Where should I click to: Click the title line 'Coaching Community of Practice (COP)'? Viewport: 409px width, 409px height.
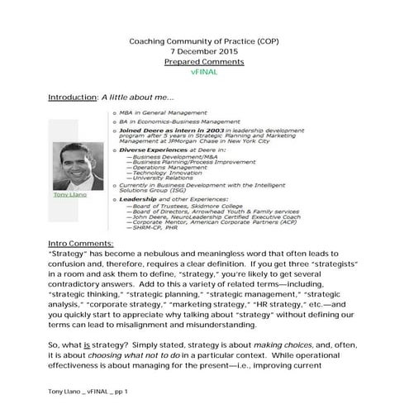coord(203,41)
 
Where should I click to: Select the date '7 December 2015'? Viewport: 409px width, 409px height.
coord(203,51)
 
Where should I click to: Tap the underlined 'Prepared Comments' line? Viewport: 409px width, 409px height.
coord(203,62)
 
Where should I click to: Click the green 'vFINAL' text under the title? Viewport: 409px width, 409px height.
coord(203,73)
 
